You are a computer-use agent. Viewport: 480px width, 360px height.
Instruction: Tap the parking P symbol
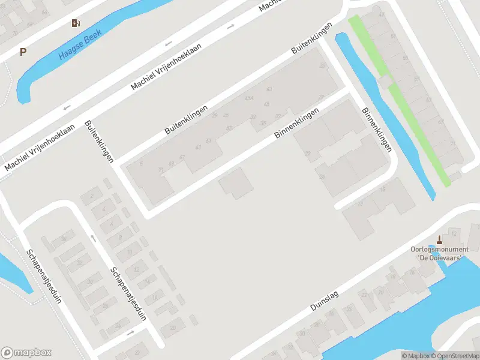pos(23,52)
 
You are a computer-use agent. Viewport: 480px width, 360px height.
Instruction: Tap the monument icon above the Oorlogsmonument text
pos(439,238)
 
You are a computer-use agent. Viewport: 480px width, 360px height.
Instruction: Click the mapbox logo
pos(26,352)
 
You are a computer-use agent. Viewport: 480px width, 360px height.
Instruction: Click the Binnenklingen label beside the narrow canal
pos(377,130)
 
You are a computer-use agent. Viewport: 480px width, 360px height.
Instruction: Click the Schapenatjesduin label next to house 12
pos(128,294)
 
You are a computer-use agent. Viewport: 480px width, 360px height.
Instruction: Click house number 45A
pos(248,98)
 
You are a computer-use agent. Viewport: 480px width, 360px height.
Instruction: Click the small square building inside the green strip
pos(384,80)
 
